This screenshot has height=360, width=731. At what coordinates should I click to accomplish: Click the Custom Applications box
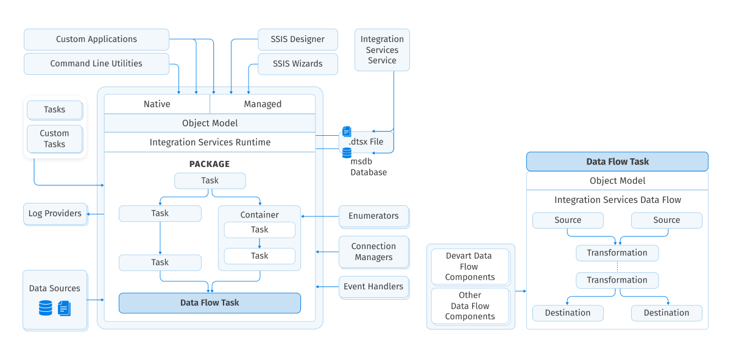tap(96, 40)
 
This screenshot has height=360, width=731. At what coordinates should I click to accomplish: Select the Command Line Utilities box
tap(96, 64)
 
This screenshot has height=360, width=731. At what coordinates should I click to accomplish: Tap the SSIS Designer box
tap(297, 40)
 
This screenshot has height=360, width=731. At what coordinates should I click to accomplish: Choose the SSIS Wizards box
tap(297, 64)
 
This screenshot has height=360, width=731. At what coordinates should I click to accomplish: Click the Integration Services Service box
tap(382, 50)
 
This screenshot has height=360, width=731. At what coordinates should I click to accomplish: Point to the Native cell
tap(157, 104)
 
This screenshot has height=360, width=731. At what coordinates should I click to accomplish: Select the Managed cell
tap(263, 104)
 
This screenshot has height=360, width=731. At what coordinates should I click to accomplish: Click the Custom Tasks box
tap(54, 139)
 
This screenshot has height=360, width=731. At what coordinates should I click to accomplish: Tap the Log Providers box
tap(55, 214)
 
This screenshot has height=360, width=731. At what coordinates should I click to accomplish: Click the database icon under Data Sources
tap(46, 308)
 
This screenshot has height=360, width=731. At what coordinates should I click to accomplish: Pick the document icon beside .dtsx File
tap(347, 132)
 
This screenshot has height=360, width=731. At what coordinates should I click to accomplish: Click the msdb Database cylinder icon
tap(347, 153)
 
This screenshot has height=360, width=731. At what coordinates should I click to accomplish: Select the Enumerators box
tap(373, 216)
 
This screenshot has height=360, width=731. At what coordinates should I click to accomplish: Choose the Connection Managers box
tap(373, 252)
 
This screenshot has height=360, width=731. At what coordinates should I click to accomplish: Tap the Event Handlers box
tap(373, 287)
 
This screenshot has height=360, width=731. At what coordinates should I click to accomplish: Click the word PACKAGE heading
tap(210, 164)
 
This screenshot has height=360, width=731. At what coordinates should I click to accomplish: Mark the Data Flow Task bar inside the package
tap(210, 303)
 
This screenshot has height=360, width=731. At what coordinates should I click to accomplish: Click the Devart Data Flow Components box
tap(470, 267)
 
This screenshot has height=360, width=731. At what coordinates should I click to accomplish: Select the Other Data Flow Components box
tap(470, 306)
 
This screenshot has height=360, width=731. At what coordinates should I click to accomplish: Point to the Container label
tap(260, 215)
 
